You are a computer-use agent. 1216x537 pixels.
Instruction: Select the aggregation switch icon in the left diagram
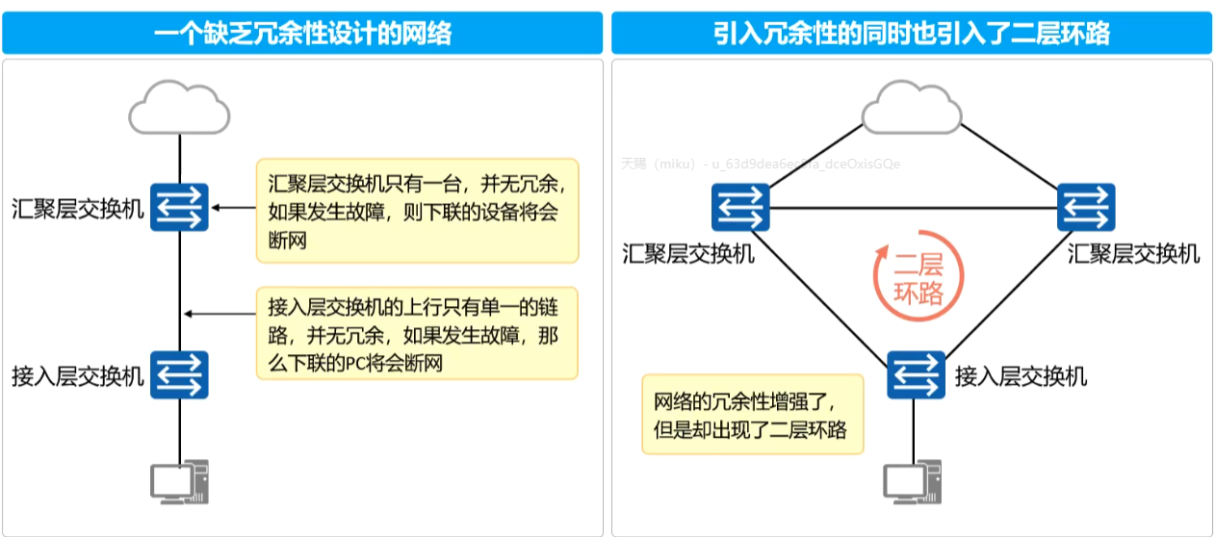coord(180,207)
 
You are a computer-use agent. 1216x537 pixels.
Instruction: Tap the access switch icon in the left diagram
coord(180,375)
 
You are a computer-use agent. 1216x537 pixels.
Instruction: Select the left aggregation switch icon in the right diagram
coord(740,207)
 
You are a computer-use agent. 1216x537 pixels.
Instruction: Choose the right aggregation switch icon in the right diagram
coord(1086,207)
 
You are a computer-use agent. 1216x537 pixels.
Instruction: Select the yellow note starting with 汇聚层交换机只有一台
coord(417,210)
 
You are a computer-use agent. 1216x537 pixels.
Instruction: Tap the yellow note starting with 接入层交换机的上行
coord(417,333)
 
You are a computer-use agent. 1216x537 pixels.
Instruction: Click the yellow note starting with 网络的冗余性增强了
coord(752,414)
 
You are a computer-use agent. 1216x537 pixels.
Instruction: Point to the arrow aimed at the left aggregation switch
coord(234,207)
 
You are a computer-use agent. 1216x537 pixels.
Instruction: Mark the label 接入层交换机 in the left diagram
coord(78,376)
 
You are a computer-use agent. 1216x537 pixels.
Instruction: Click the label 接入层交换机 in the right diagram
coord(1021,376)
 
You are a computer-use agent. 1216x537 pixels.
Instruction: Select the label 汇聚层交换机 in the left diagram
coord(78,208)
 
